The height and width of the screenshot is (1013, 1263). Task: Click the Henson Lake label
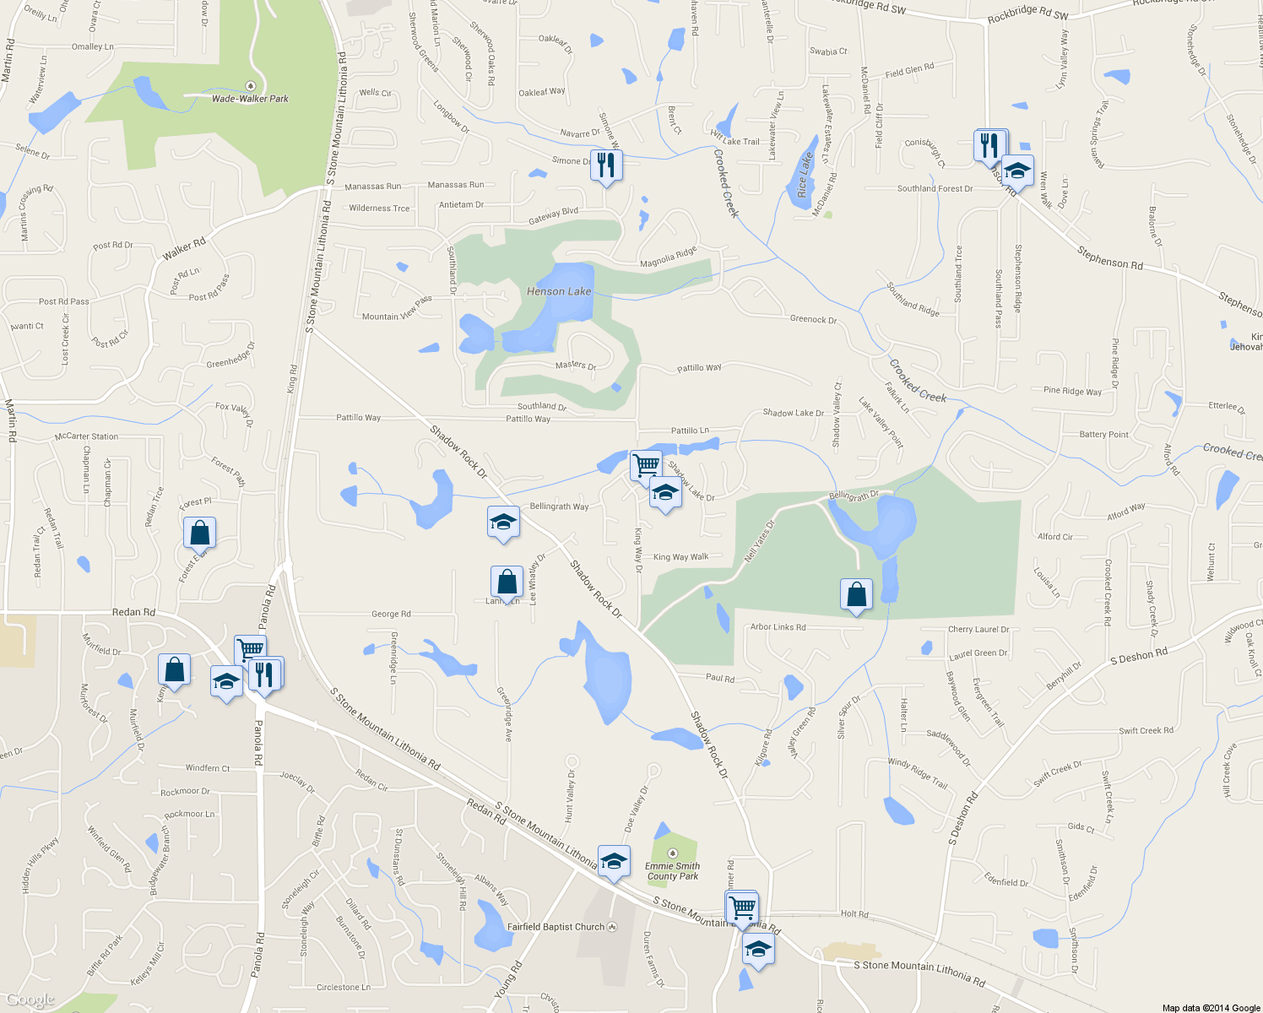(559, 291)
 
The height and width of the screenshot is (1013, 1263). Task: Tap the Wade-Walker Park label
(250, 99)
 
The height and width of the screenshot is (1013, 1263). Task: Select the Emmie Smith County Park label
(672, 871)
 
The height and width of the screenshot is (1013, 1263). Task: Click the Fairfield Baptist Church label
(556, 927)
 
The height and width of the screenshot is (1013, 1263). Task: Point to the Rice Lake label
(805, 175)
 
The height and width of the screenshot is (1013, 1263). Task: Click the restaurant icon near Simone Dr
(606, 164)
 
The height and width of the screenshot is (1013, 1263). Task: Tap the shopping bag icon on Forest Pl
(200, 533)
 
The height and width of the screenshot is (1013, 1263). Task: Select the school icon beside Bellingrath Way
(503, 523)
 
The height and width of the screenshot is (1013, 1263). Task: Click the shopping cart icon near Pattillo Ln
(646, 464)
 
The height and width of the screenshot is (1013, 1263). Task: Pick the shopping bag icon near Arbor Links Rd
(857, 594)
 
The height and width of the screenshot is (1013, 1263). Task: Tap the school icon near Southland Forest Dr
(1018, 171)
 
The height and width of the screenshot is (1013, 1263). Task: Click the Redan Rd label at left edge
(133, 612)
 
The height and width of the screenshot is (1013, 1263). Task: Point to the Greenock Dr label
(813, 320)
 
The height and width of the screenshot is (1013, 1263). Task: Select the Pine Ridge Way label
(1072, 391)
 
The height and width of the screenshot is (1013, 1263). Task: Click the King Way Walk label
(680, 557)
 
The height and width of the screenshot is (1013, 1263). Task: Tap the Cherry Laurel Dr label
(978, 630)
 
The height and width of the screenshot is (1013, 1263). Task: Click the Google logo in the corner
(30, 999)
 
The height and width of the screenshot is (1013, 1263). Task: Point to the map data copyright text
(1211, 1008)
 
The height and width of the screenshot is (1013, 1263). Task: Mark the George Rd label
(391, 615)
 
